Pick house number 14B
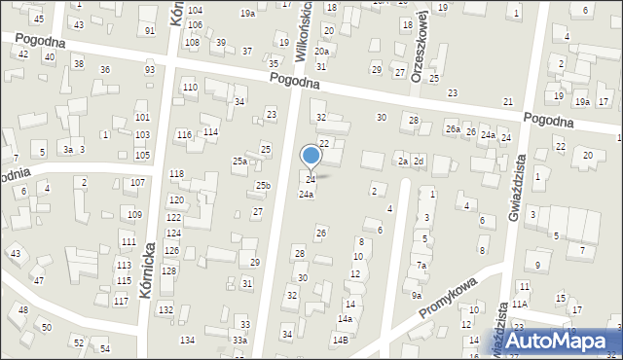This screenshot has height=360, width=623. [x=340, y=340]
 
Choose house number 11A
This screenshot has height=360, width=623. [x=521, y=305]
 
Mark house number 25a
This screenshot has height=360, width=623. [x=239, y=161]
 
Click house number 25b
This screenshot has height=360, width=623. [x=263, y=186]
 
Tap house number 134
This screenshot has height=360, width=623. [x=187, y=340]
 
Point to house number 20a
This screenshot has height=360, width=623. [x=321, y=52]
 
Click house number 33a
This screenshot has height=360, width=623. [x=239, y=340]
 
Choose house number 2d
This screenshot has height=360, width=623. [x=419, y=161]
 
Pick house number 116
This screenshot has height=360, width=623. [x=184, y=133]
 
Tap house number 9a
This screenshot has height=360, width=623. [x=417, y=295]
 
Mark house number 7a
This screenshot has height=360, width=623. [x=421, y=265]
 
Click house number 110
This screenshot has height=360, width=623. [x=190, y=88]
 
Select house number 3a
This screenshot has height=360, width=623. [x=67, y=150]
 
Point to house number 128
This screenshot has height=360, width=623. [x=169, y=270]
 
